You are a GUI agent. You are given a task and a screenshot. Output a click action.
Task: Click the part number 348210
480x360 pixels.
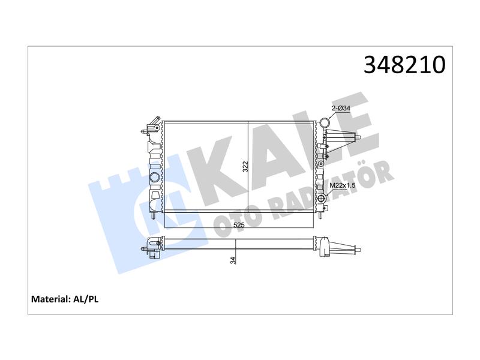[404, 65]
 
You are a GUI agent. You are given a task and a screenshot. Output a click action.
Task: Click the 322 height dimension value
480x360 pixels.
[245, 166]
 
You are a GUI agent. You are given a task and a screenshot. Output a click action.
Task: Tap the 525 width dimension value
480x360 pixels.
[239, 225]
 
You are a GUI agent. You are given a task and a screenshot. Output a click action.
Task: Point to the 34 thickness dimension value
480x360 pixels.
[233, 260]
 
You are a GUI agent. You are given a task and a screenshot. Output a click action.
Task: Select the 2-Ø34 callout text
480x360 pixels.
[341, 108]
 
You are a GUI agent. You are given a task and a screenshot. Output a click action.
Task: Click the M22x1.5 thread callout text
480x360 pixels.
[342, 185]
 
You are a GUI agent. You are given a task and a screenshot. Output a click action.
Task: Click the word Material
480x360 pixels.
[50, 299]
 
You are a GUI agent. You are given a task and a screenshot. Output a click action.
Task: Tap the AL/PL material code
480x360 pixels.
[86, 299]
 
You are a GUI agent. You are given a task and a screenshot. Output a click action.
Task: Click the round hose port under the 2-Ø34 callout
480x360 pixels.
[325, 123]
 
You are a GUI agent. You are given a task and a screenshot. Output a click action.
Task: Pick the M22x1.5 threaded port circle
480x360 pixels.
[322, 199]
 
